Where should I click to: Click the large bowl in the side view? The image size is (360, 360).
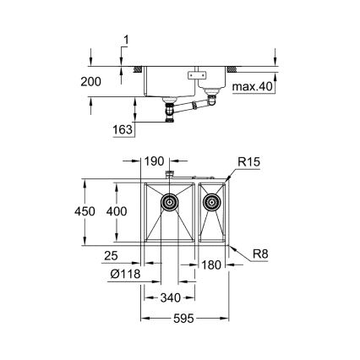tap(168, 83)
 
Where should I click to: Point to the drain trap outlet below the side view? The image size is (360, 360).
tap(172, 114)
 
